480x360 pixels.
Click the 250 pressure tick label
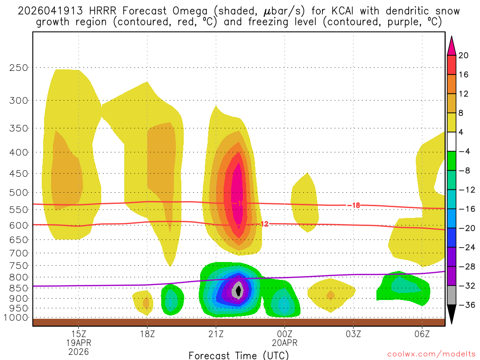[x=19, y=67]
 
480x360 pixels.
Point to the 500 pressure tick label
[x=19, y=193]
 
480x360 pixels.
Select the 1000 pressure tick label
[x=16, y=318]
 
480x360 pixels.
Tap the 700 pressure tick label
[x=19, y=253]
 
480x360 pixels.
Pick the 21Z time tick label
[x=216, y=334]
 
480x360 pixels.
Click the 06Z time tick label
[x=422, y=334]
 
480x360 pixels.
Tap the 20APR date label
[x=285, y=343]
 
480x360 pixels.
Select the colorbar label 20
[x=464, y=55]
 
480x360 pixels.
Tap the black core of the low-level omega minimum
[x=239, y=291]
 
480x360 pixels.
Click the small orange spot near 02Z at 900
[x=330, y=295]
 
